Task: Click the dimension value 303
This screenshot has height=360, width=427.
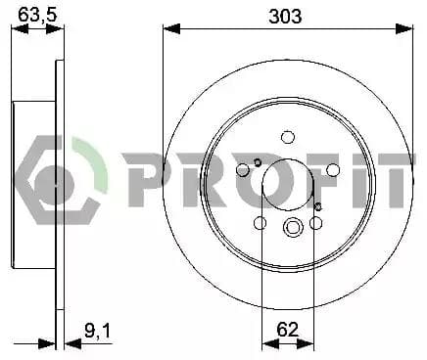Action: pos(285,16)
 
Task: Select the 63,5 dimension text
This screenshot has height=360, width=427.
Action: pos(37,15)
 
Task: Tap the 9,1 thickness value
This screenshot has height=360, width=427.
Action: pos(98,331)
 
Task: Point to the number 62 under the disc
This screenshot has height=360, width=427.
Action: pos(288,329)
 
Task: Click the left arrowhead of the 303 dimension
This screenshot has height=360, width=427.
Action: pos(171,28)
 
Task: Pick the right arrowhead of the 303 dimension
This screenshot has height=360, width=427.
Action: pos(404,28)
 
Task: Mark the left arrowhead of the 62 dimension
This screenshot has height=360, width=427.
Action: pos(270,343)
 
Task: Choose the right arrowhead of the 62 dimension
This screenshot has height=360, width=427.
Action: pos(306,343)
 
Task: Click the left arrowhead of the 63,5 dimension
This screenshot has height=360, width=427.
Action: pos(21,29)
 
